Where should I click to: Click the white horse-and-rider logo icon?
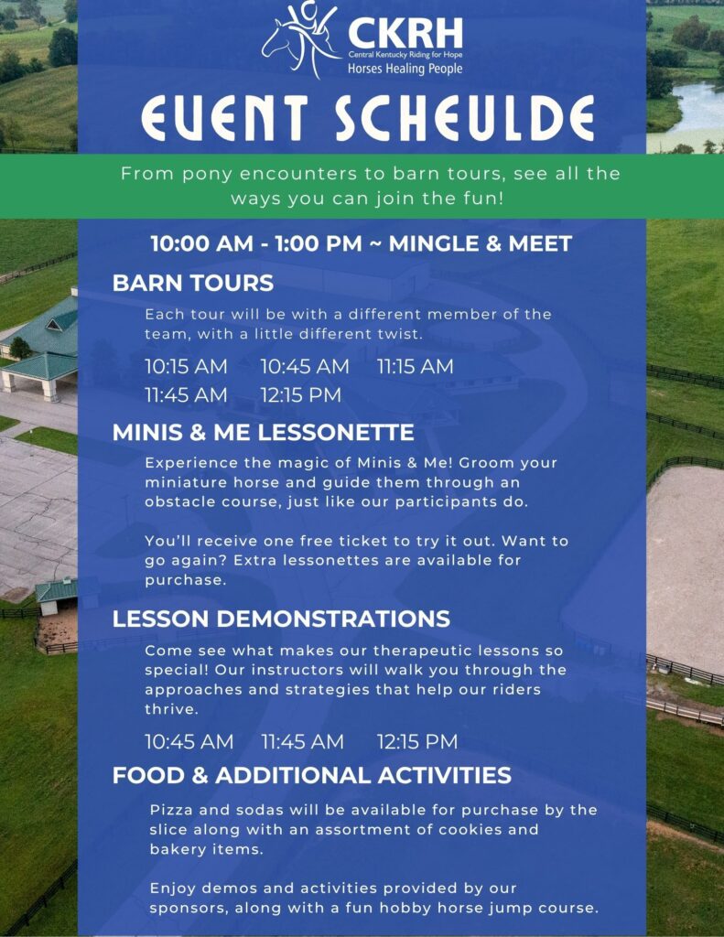300,40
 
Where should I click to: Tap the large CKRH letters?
405,33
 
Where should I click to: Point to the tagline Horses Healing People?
405,69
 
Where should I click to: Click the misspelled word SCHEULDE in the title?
464,118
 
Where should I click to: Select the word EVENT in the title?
224,118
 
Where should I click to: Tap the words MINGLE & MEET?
481,243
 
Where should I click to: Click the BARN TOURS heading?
193,283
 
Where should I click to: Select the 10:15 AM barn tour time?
186,366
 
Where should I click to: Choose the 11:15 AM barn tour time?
415,366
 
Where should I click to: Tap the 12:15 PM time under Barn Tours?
301,395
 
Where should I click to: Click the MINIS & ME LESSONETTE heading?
263,432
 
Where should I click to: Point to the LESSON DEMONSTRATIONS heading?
281,619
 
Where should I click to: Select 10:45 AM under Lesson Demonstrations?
189,741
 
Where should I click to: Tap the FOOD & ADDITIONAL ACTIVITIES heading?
311,775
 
